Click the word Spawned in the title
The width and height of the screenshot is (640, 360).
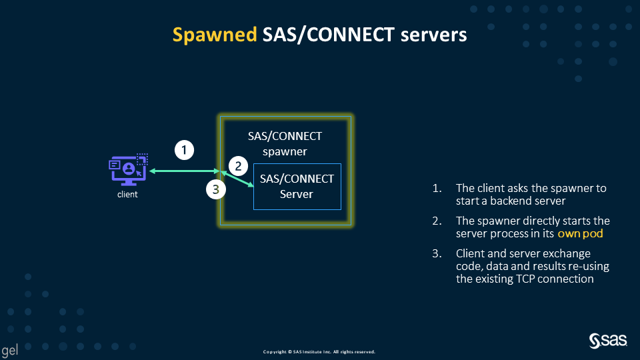click(215, 35)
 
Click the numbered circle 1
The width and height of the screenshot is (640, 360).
click(185, 150)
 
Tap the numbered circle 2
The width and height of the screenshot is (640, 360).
click(238, 166)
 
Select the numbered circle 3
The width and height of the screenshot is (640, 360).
click(215, 190)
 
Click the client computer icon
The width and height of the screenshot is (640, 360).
click(128, 170)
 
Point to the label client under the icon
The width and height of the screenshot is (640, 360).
click(127, 195)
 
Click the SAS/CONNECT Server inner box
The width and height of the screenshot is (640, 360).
click(297, 187)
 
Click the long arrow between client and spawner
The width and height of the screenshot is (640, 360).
click(183, 171)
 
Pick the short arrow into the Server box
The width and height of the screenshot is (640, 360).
click(239, 180)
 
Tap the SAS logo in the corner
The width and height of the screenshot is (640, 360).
click(608, 341)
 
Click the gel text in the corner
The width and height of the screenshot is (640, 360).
click(9, 350)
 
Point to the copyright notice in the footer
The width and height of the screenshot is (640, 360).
click(319, 351)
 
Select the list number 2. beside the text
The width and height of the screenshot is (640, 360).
click(437, 221)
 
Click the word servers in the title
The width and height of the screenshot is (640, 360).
click(434, 35)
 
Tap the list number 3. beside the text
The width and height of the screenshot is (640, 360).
click(437, 254)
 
